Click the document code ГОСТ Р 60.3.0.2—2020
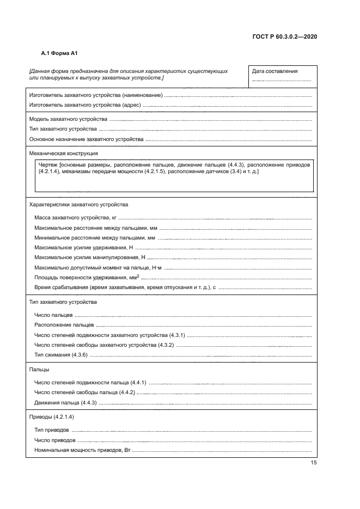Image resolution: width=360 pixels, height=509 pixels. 285,36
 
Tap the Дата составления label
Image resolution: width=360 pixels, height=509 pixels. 274,71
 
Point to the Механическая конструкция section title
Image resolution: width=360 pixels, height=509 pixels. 59,154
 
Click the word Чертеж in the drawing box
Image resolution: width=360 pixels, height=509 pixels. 48,164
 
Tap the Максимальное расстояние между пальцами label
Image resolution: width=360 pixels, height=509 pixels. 95,228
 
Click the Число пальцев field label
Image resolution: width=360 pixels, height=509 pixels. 53,315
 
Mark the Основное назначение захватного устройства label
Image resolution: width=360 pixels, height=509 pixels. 86,139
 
